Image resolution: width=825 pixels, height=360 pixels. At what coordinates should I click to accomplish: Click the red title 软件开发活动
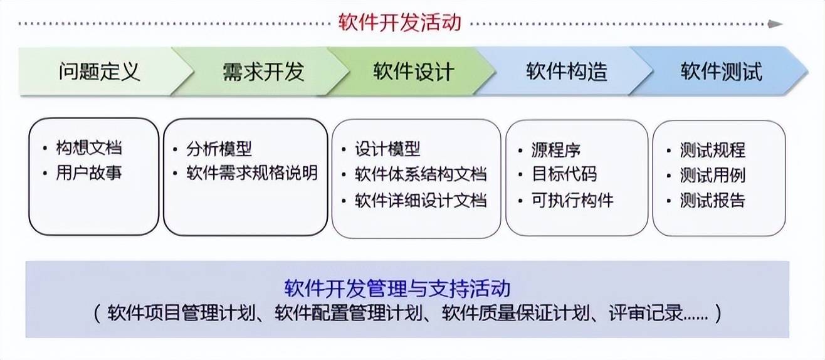click(400, 22)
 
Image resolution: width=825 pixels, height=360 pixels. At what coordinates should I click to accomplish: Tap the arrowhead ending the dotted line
click(775, 24)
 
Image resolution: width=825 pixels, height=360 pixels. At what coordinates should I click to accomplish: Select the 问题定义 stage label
click(100, 71)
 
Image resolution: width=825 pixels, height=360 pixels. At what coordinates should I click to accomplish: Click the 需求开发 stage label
click(263, 71)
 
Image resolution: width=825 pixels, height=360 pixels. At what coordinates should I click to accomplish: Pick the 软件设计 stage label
click(414, 71)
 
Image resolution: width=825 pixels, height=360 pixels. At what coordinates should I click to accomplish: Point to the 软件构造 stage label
click(567, 71)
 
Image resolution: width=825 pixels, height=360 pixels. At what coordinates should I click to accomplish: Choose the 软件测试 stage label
click(722, 71)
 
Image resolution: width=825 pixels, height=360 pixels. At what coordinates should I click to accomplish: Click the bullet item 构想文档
click(89, 148)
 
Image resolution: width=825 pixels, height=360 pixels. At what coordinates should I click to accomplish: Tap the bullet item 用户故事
click(89, 172)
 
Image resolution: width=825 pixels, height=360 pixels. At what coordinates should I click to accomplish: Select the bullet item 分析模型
click(219, 149)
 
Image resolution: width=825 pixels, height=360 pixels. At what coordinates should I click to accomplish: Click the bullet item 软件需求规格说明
click(252, 173)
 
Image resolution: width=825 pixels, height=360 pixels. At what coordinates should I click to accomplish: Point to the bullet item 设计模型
click(387, 149)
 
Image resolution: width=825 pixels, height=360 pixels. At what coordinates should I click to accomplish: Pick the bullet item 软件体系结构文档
click(421, 174)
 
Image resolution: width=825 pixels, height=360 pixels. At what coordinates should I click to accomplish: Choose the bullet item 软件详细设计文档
click(421, 201)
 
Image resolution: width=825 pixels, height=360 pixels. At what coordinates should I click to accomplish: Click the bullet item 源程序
click(556, 150)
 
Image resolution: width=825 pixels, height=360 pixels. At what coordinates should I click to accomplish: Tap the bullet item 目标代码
click(564, 174)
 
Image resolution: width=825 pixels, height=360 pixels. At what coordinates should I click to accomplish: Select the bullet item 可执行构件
click(572, 201)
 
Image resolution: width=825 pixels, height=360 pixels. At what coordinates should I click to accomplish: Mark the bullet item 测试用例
click(713, 175)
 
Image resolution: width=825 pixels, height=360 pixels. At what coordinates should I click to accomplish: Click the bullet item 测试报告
click(713, 201)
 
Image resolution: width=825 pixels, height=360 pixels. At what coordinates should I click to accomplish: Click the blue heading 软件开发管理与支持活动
click(397, 288)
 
